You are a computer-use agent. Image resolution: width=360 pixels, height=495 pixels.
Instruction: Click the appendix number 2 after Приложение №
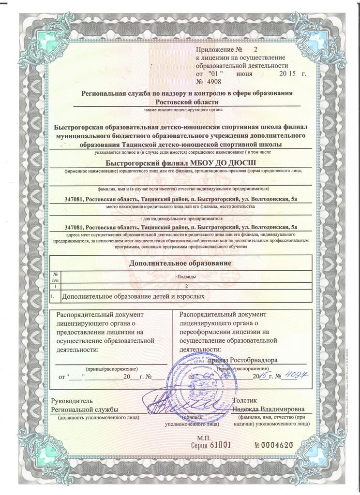256,50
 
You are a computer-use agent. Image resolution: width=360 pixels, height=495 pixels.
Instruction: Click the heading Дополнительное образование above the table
180,263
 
